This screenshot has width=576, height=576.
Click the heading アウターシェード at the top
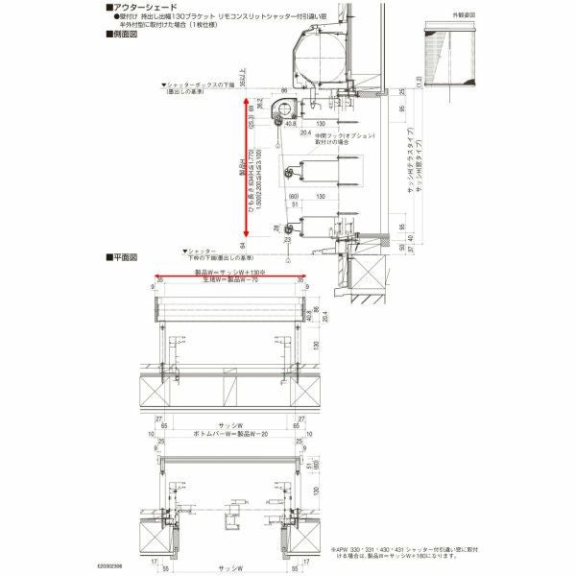click(x=145, y=7)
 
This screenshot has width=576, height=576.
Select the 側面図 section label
click(x=124, y=34)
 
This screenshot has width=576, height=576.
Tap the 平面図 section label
click(x=124, y=257)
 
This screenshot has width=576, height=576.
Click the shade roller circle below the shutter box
click(x=280, y=110)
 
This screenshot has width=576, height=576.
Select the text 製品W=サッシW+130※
click(x=228, y=273)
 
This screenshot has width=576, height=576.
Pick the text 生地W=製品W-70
click(x=228, y=279)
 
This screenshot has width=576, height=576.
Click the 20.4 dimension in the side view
click(x=305, y=134)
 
